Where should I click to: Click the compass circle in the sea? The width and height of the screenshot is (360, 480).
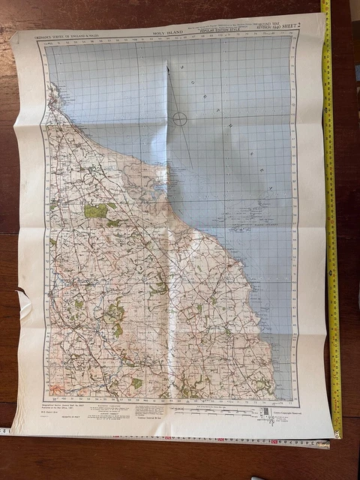tap(180, 118)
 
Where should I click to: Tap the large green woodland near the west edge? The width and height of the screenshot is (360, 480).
tap(95, 211)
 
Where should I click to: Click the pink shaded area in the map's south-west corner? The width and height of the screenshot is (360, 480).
tap(56, 389)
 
